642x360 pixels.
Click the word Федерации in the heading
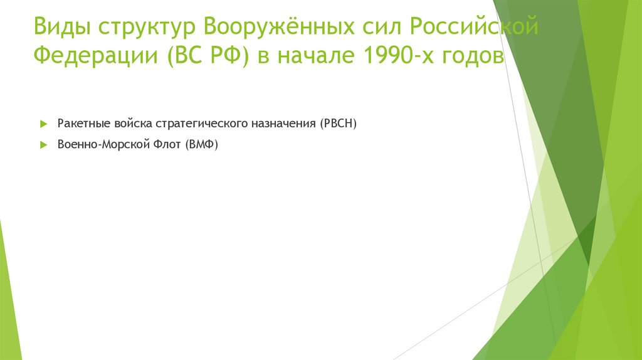point(97,58)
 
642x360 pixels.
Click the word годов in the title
point(475,58)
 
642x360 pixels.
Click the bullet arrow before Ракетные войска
point(43,124)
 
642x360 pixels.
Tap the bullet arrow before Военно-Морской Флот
point(43,144)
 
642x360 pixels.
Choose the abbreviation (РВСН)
point(337,124)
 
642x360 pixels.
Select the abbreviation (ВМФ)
point(201,144)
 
